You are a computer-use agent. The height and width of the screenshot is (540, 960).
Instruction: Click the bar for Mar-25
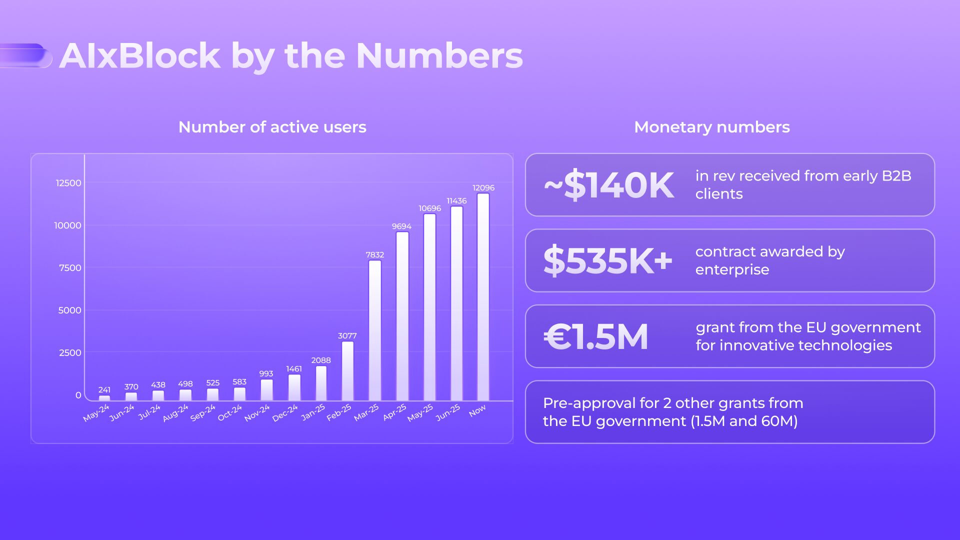coord(375,330)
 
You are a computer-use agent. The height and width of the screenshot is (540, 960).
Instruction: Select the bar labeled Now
coord(483,297)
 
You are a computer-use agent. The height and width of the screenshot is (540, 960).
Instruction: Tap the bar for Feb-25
coord(347,370)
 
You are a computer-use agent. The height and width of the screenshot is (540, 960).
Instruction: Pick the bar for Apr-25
coord(402,316)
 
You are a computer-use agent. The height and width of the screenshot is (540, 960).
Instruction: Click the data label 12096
coord(483,188)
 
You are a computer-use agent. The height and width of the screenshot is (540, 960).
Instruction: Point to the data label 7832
coord(375,255)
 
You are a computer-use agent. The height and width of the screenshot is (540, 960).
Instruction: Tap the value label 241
coord(104,390)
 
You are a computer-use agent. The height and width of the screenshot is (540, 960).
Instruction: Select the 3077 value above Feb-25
coord(347,336)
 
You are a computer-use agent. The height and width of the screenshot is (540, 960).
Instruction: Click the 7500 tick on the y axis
coord(70,268)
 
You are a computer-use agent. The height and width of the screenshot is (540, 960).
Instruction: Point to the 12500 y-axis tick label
coord(68,183)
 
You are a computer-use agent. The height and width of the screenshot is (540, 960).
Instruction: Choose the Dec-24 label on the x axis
coord(285,413)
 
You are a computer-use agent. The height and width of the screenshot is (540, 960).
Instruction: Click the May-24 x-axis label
coord(96,413)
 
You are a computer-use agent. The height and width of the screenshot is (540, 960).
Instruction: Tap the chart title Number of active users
coord(272,127)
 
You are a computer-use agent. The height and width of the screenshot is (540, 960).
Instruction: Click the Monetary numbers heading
coord(712,127)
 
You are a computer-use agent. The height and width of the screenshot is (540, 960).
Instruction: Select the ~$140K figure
coord(609,185)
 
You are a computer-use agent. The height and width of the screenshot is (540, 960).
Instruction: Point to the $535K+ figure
coord(608,260)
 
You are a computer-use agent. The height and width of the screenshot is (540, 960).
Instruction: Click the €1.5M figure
coord(596,336)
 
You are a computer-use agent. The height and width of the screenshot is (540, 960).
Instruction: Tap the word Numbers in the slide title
coord(439,55)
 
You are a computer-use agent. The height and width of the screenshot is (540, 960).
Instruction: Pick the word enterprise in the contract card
coord(732,269)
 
